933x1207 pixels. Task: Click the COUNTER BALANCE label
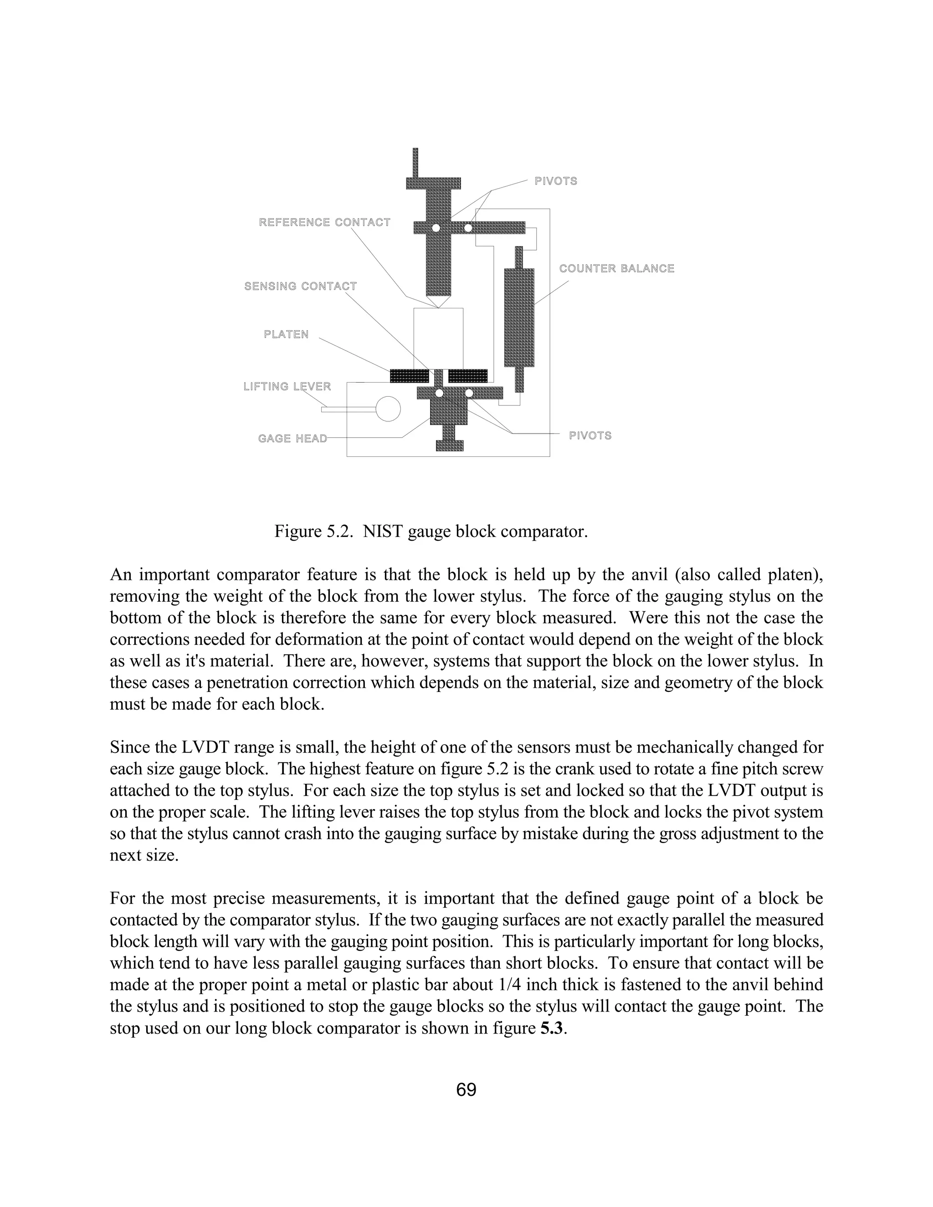pyautogui.click(x=616, y=269)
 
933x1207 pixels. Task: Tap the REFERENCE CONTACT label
pyautogui.click(x=324, y=222)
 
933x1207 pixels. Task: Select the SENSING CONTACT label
pyautogui.click(x=300, y=286)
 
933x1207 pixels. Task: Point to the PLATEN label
pyautogui.click(x=286, y=334)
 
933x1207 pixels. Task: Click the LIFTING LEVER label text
pyautogui.click(x=287, y=386)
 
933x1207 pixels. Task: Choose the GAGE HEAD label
pyautogui.click(x=292, y=439)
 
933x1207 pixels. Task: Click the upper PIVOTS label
pyautogui.click(x=555, y=181)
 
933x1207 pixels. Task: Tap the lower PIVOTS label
pyautogui.click(x=590, y=435)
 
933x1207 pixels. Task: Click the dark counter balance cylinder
pyautogui.click(x=519, y=318)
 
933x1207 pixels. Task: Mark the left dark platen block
pyautogui.click(x=410, y=376)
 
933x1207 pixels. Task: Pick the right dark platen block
pyautogui.click(x=467, y=376)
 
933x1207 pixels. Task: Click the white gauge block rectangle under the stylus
pyautogui.click(x=438, y=337)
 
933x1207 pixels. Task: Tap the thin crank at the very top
pyautogui.click(x=415, y=163)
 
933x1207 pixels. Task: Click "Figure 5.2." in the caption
pyautogui.click(x=313, y=532)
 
